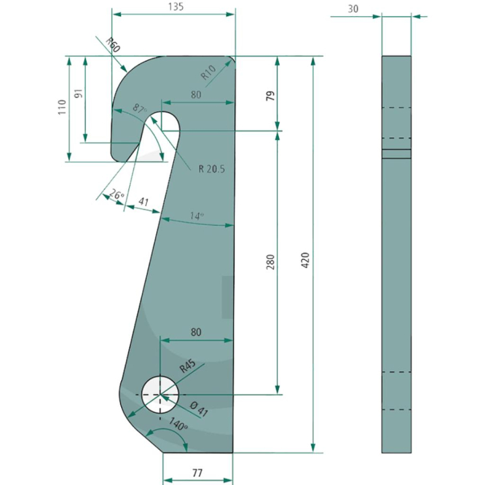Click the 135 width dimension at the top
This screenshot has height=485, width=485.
click(x=174, y=7)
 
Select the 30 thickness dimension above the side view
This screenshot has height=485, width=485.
click(x=353, y=9)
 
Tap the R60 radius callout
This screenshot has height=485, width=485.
click(x=112, y=46)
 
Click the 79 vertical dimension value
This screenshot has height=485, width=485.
click(x=270, y=94)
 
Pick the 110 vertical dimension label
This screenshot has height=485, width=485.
click(x=62, y=108)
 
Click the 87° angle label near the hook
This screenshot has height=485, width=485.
click(x=139, y=108)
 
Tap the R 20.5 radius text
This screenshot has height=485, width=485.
click(x=212, y=168)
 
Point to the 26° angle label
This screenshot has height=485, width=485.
click(x=116, y=195)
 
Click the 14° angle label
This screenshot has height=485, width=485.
click(x=196, y=216)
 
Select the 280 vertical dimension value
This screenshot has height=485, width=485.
click(x=269, y=261)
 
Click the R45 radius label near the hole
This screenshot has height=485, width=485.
click(x=187, y=367)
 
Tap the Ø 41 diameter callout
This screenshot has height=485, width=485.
click(x=199, y=408)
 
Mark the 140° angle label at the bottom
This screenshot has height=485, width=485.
click(x=178, y=425)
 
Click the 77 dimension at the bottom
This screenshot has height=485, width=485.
click(x=197, y=473)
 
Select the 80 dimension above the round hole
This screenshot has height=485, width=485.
click(x=196, y=332)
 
